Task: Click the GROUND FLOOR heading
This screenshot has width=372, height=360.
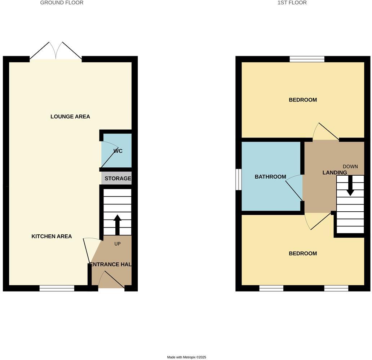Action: click(x=62, y=3)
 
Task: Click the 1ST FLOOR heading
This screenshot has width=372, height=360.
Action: click(x=292, y=3)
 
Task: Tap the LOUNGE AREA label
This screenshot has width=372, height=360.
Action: click(x=70, y=117)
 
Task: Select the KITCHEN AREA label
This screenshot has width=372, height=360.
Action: click(x=52, y=237)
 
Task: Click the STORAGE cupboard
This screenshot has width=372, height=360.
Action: click(x=118, y=179)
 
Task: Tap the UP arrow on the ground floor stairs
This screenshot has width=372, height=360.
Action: click(x=117, y=225)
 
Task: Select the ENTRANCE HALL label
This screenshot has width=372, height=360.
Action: click(x=110, y=265)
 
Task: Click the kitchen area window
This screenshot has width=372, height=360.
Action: click(x=57, y=288)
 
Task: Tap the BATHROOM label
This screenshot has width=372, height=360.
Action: click(x=270, y=177)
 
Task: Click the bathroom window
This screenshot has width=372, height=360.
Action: click(x=238, y=179)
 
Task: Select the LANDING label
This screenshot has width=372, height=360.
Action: click(x=335, y=173)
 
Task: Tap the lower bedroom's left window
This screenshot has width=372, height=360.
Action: click(x=271, y=288)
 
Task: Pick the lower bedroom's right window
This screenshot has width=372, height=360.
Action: click(x=336, y=288)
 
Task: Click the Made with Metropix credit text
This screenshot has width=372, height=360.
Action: click(x=186, y=357)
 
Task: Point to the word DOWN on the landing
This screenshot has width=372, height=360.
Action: click(x=350, y=166)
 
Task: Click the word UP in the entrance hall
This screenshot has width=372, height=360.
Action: click(x=118, y=244)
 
